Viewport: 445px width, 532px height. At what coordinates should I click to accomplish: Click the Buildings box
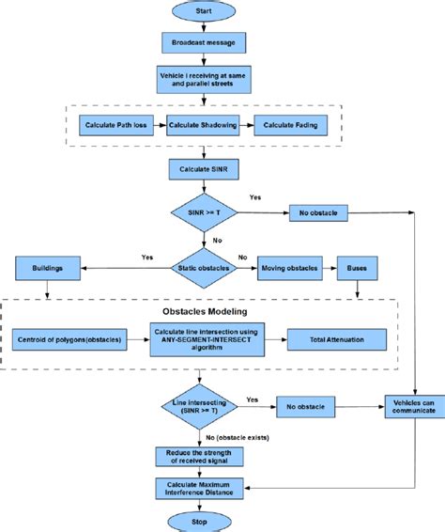(x=48, y=269)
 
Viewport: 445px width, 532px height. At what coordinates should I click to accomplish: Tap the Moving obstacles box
(x=288, y=269)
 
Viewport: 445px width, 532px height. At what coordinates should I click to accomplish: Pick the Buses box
(x=358, y=269)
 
